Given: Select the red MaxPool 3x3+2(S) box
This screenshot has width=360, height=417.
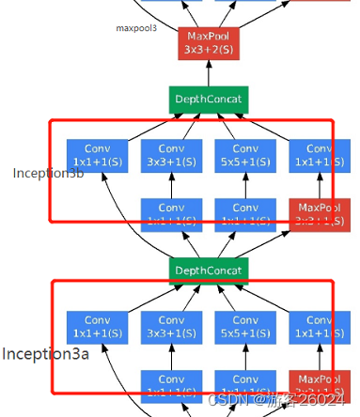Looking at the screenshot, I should pyautogui.click(x=208, y=41).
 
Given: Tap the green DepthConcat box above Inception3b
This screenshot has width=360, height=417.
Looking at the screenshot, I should pyautogui.click(x=208, y=99).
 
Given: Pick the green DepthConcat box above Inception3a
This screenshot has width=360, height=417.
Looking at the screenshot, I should pyautogui.click(x=208, y=270).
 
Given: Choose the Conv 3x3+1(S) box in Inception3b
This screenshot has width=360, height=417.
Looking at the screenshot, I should pyautogui.click(x=171, y=155).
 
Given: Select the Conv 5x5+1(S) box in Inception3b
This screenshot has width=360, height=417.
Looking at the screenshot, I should pyautogui.click(x=245, y=155).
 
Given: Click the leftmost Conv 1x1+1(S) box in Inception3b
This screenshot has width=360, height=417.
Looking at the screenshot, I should pyautogui.click(x=97, y=155).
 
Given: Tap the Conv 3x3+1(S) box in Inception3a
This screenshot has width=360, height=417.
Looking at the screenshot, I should pyautogui.click(x=171, y=327).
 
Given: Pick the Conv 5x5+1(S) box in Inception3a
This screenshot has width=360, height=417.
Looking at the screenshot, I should pyautogui.click(x=245, y=327).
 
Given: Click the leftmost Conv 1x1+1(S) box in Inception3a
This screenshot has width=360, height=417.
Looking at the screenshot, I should pyautogui.click(x=97, y=327).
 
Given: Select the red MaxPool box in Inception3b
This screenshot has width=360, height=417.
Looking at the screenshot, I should pyautogui.click(x=318, y=213).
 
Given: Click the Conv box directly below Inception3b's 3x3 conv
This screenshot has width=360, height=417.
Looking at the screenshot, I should pyautogui.click(x=171, y=213).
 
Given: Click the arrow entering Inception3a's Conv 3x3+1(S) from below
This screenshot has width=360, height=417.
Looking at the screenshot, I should pyautogui.click(x=171, y=357).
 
